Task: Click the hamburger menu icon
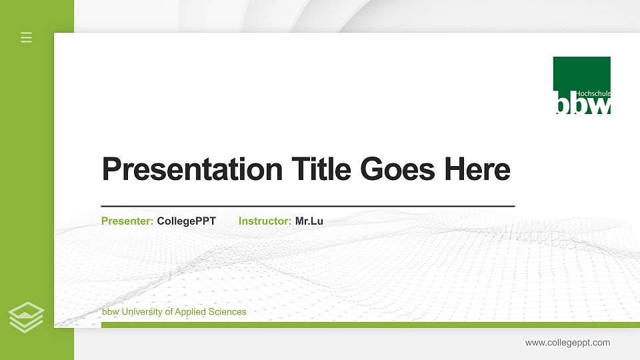26,37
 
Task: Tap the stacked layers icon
26,317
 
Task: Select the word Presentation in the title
192,169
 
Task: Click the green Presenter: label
127,221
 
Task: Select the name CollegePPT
186,221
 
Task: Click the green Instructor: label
265,221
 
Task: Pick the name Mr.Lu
309,221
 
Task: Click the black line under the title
307,207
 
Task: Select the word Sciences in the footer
227,312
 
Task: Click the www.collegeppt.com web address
567,343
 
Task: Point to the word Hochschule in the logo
593,94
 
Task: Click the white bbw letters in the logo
581,105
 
